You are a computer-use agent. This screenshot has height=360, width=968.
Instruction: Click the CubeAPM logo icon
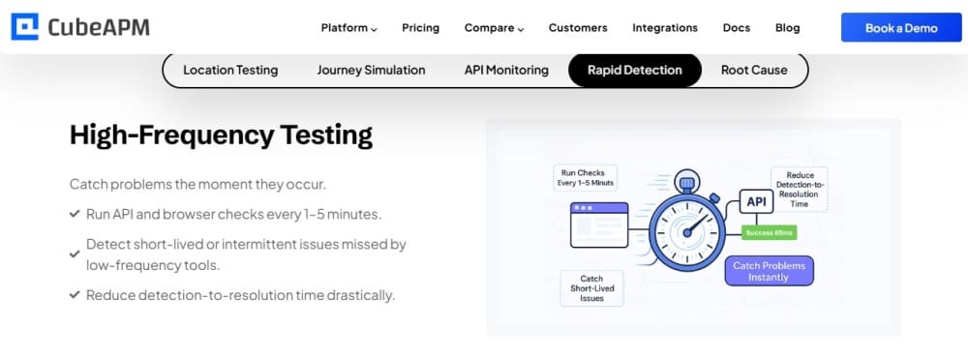click(x=25, y=27)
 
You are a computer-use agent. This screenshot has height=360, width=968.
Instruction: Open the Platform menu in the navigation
click(x=348, y=28)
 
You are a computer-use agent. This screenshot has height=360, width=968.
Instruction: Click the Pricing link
click(x=420, y=28)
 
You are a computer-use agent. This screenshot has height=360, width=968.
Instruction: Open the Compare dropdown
click(x=494, y=28)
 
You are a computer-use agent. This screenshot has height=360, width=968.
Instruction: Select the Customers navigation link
click(x=578, y=28)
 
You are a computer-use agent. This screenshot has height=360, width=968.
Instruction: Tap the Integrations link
click(x=665, y=28)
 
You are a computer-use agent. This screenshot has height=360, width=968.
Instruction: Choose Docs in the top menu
click(x=737, y=28)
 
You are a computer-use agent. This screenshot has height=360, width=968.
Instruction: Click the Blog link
click(x=787, y=28)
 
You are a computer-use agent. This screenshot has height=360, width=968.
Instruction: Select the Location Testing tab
click(x=230, y=71)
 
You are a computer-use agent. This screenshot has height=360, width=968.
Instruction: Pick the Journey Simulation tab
click(x=371, y=71)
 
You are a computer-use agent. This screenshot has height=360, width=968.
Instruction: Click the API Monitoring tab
click(x=506, y=71)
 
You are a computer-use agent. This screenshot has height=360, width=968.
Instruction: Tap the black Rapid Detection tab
click(x=635, y=71)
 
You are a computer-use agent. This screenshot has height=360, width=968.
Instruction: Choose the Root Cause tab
click(x=754, y=71)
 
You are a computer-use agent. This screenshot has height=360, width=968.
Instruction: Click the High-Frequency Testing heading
click(x=221, y=135)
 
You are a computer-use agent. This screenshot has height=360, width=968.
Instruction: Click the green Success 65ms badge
click(x=769, y=233)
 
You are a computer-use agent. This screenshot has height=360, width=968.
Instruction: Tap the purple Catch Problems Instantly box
click(x=769, y=271)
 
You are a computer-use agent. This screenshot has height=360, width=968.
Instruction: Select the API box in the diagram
click(x=756, y=202)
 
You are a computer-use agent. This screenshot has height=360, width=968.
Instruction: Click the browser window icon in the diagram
click(x=599, y=225)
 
